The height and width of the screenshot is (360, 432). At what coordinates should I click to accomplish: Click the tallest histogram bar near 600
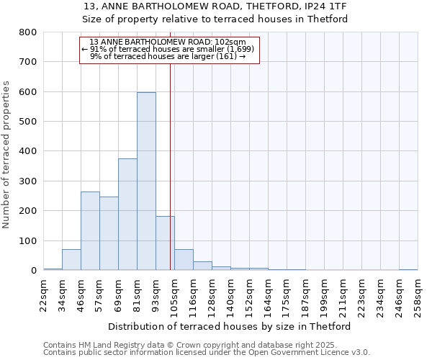(146, 181)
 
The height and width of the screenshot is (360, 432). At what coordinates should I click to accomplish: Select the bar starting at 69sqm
(127, 214)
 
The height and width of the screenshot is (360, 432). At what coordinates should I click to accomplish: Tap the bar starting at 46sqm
(90, 230)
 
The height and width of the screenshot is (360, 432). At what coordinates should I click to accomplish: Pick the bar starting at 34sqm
(71, 259)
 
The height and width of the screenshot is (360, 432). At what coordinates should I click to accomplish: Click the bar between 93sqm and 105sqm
(165, 243)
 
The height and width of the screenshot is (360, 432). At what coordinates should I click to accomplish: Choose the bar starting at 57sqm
(109, 233)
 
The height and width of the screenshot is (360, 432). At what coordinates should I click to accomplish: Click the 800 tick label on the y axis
(28, 32)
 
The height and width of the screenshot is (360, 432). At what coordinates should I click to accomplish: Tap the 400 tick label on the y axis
(28, 151)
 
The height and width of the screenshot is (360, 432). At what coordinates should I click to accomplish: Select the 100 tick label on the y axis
(28, 240)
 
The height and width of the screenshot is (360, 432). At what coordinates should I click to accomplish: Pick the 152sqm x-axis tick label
(249, 295)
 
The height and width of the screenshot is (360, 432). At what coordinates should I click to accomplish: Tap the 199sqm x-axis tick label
(324, 295)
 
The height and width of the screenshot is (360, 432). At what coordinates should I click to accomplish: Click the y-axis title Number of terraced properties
(6, 154)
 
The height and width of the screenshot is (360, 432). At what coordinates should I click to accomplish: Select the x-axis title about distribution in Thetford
(233, 326)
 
